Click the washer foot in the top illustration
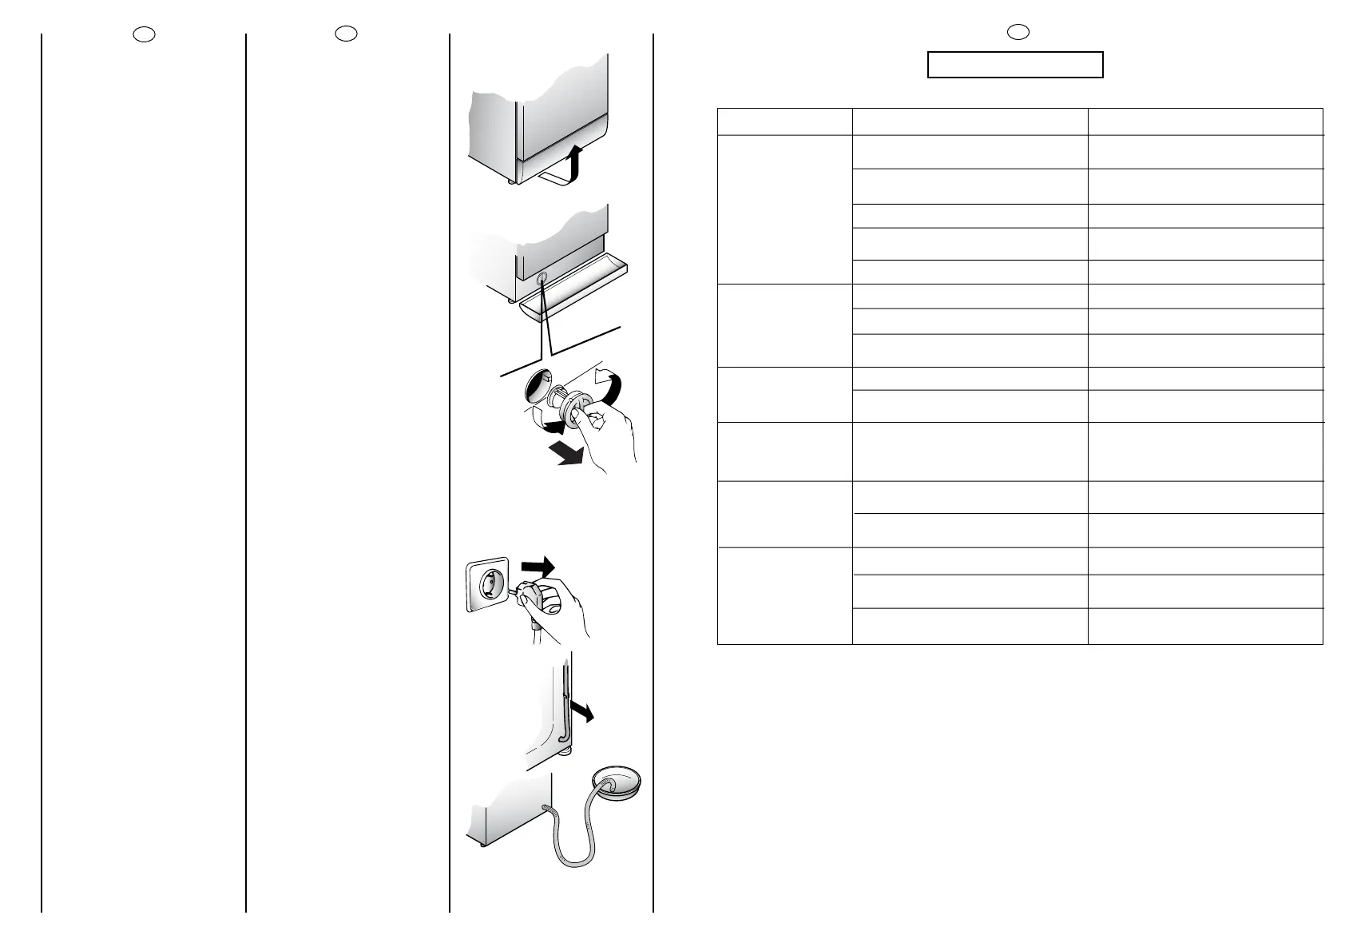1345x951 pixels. tap(511, 182)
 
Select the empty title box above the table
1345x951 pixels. tap(1014, 65)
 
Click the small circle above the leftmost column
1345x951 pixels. tap(144, 34)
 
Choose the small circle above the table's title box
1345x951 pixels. tap(1017, 32)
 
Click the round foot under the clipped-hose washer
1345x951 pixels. tap(565, 752)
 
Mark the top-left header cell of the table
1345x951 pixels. tap(784, 121)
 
